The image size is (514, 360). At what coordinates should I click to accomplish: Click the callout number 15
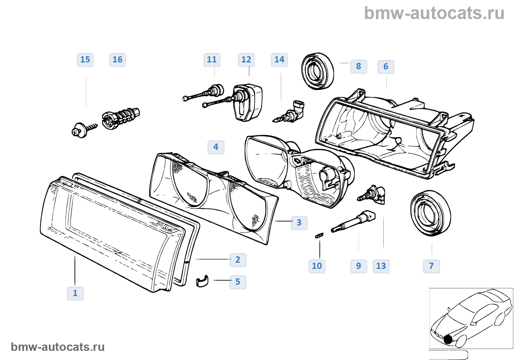point(85,60)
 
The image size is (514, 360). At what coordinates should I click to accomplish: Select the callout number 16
point(117,60)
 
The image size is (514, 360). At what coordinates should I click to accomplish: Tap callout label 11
point(212,60)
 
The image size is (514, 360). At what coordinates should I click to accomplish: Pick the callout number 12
point(246,60)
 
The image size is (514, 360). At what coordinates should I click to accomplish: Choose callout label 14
point(279,60)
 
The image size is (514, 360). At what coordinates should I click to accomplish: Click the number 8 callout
point(359,66)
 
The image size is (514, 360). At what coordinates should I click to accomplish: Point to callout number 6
point(386,67)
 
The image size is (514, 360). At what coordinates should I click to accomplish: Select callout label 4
point(216,147)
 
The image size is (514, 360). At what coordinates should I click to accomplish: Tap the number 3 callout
point(299,223)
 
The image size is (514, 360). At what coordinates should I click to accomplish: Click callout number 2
point(238,260)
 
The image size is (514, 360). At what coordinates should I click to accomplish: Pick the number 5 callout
point(238,282)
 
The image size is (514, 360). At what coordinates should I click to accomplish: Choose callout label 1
point(75,294)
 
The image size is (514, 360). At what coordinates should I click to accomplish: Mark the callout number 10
point(317,266)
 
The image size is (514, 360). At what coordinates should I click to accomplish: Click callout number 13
point(381,266)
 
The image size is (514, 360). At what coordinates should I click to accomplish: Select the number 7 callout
point(431,266)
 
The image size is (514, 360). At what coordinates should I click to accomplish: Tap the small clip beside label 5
point(202,281)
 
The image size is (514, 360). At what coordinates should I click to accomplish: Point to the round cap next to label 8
point(317,71)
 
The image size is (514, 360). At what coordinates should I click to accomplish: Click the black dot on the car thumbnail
point(448,339)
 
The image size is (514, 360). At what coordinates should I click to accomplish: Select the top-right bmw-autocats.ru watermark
point(434,14)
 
